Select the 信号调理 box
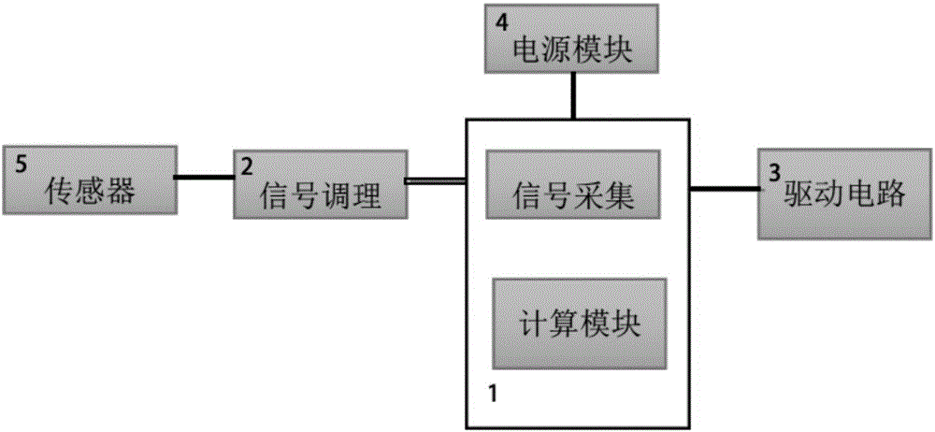318,183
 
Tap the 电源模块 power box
572,39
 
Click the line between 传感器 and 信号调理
206,179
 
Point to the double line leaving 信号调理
434,181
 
